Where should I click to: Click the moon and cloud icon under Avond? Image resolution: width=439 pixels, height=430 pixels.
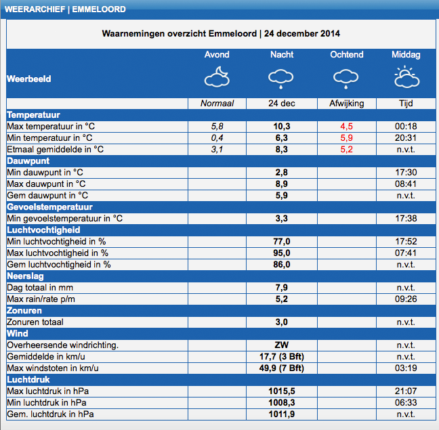tap(217, 77)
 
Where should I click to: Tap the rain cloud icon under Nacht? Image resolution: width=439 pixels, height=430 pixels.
tap(281, 79)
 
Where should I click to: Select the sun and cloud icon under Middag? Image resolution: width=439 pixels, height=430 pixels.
tap(406, 77)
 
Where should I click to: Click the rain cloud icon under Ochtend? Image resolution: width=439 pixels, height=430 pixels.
tap(346, 79)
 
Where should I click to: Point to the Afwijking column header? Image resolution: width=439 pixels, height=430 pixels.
tap(347, 104)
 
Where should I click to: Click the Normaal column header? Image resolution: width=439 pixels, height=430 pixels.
tap(217, 104)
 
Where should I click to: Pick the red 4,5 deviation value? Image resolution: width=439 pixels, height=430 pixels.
tap(347, 127)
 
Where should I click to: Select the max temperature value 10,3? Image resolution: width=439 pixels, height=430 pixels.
tap(282, 127)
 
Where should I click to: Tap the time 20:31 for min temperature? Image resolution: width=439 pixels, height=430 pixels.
tap(406, 138)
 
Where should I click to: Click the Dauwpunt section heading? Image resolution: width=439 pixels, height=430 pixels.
tap(28, 161)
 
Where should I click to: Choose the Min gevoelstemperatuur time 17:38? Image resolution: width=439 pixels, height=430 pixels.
tap(406, 219)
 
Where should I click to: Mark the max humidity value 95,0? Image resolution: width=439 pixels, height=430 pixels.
tap(282, 253)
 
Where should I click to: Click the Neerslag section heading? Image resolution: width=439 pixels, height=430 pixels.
tap(25, 276)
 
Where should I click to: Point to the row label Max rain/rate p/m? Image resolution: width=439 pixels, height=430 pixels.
tap(41, 299)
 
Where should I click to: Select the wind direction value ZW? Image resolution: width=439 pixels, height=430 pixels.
tap(282, 345)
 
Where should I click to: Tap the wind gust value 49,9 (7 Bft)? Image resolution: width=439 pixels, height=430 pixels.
tap(282, 368)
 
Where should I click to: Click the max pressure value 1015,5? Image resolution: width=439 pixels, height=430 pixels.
tap(282, 391)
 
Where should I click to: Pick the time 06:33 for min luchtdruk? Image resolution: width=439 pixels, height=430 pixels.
tap(406, 403)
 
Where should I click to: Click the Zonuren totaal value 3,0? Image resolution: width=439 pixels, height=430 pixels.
tap(282, 322)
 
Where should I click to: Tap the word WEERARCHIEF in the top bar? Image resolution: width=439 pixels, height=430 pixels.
tap(35, 9)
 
